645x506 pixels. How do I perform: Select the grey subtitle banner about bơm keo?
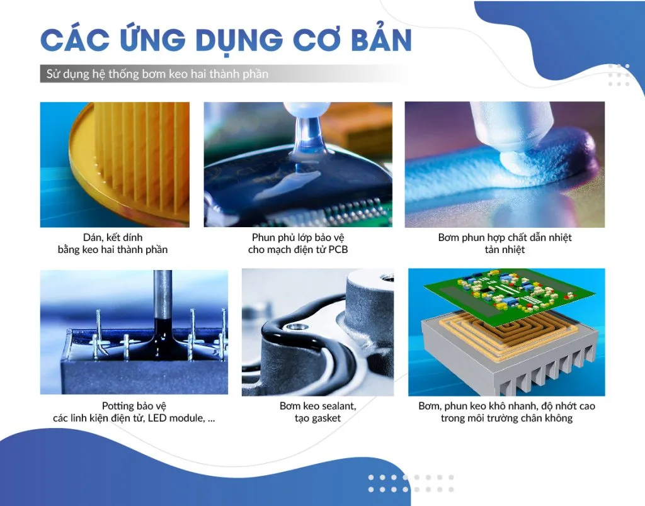pyautogui.click(x=225, y=74)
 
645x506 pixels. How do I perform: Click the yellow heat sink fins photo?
pyautogui.click(x=115, y=164)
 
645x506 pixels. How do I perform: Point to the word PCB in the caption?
pyautogui.click(x=338, y=249)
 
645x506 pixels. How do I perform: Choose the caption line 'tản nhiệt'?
pyautogui.click(x=505, y=249)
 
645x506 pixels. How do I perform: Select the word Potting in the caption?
pyautogui.click(x=117, y=406)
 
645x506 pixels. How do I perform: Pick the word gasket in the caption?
pyautogui.click(x=326, y=419)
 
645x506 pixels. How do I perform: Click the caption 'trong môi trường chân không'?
pyautogui.click(x=507, y=419)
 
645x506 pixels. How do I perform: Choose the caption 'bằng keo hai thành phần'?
pyautogui.click(x=113, y=249)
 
